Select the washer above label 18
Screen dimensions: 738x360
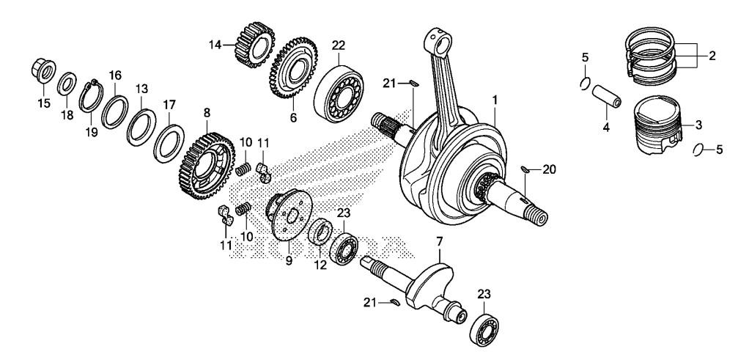67,84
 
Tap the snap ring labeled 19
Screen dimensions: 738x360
92,96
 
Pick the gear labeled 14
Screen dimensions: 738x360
254,45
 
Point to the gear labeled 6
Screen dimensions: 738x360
293,68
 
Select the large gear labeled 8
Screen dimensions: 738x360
207,166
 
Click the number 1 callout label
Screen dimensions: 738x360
495,99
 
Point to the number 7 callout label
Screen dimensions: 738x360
440,243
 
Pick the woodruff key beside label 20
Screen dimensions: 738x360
525,169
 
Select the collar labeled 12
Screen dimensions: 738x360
320,232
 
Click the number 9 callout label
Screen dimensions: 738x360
289,260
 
